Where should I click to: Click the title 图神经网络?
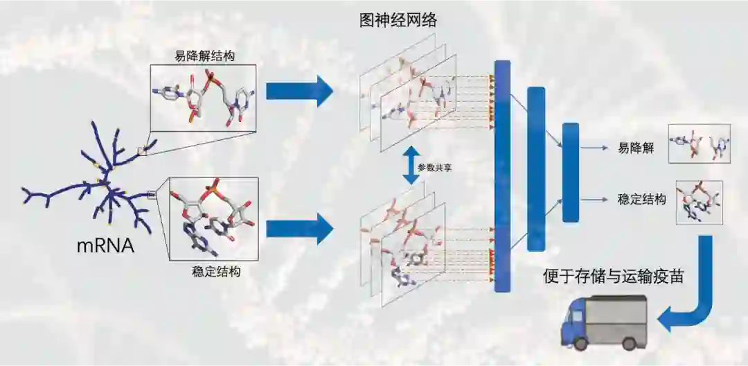coord(398,20)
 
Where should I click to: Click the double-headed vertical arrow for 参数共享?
coord(411,166)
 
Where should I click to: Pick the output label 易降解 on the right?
coord(632,148)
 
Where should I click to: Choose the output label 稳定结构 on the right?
coord(642,200)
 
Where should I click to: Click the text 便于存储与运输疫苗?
coord(614,277)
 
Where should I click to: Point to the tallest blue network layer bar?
coord(502,176)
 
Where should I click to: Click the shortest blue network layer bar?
coord(570,172)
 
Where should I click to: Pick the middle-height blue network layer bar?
coord(536,168)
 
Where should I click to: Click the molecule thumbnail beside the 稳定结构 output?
coord(698,203)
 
